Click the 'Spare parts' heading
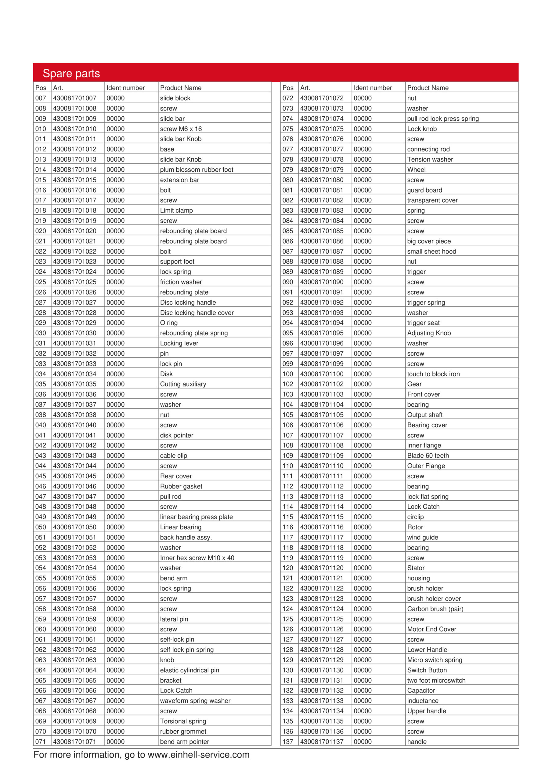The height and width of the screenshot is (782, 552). pos(71,74)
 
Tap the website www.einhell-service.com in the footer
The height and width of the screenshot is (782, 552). pos(198,755)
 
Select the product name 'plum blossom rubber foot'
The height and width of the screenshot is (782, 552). pos(197,170)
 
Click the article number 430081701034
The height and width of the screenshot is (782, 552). pos(74,374)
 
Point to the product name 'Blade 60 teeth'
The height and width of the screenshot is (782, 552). pos(428,456)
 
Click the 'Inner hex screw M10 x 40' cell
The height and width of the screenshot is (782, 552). pos(197,558)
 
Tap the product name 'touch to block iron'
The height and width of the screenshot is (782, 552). pos(433,374)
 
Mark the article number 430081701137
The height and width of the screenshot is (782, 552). pos(322,742)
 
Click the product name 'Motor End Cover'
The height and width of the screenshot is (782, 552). pos(431,629)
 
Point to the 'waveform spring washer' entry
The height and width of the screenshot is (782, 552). pos(195,701)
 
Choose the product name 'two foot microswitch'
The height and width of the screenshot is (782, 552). pos(436,681)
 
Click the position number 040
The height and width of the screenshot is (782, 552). pos(41,425)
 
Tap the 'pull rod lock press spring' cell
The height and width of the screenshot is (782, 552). pos(443,119)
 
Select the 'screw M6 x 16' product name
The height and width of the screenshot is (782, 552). pos(181,129)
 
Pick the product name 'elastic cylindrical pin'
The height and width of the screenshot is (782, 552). pos(189,670)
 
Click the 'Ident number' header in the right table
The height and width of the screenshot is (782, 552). pos(373,88)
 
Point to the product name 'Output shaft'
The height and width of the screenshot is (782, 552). pos(425,415)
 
